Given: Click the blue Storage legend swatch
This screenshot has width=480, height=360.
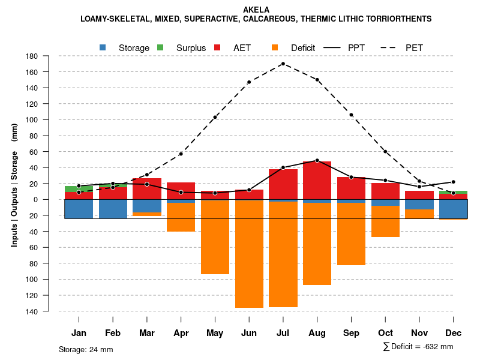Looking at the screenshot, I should [103, 47].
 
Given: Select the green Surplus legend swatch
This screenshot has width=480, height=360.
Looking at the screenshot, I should [160, 47].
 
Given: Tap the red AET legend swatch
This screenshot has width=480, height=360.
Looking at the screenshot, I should [217, 47].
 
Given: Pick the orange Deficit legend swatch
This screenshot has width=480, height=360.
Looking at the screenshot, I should [275, 47].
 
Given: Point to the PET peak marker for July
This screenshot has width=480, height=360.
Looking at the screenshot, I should [283, 64].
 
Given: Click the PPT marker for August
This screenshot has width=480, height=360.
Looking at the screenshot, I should [317, 160].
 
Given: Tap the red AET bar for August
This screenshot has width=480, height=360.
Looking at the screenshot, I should [317, 180].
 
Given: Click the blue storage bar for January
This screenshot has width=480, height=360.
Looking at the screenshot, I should [79, 209].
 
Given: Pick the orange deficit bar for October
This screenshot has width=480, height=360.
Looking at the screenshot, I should [385, 221].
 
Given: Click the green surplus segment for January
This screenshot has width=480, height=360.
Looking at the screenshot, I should [79, 189].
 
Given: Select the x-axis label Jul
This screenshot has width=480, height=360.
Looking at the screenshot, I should [283, 333].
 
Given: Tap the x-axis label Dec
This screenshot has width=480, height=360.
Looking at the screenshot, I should [453, 333].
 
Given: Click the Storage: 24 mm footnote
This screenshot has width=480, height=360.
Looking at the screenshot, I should [86, 349].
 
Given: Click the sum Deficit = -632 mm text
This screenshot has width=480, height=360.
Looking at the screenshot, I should [418, 347].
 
